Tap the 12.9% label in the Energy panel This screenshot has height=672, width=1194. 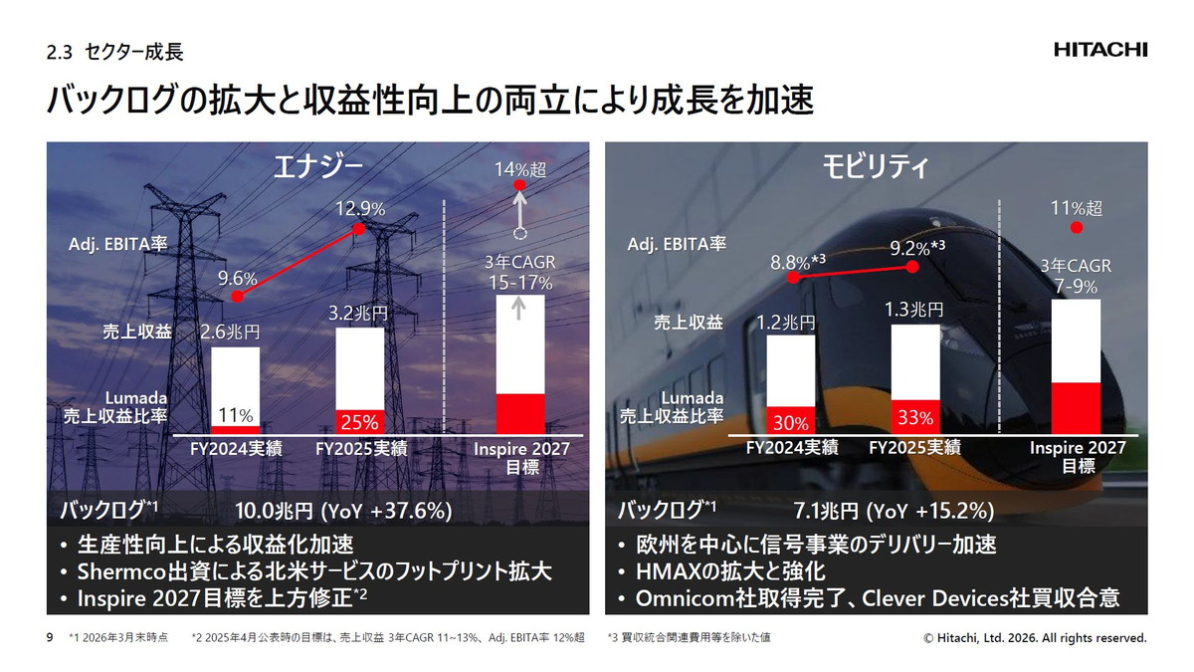pos(358,209)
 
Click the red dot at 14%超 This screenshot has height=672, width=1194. pos(518,186)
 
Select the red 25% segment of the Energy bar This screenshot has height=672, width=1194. pos(359,418)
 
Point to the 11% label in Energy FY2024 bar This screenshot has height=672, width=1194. pos(235,415)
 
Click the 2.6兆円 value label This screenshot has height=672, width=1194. pos(230,332)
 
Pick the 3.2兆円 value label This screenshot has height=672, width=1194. pos(357,312)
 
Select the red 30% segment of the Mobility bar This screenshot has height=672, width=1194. pos(790,421)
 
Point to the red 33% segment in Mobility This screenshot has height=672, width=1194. pos(914,417)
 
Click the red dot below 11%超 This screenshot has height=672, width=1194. pos(1076,228)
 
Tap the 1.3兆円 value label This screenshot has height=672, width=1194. pos(913,310)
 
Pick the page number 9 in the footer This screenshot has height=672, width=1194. pos(50,637)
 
